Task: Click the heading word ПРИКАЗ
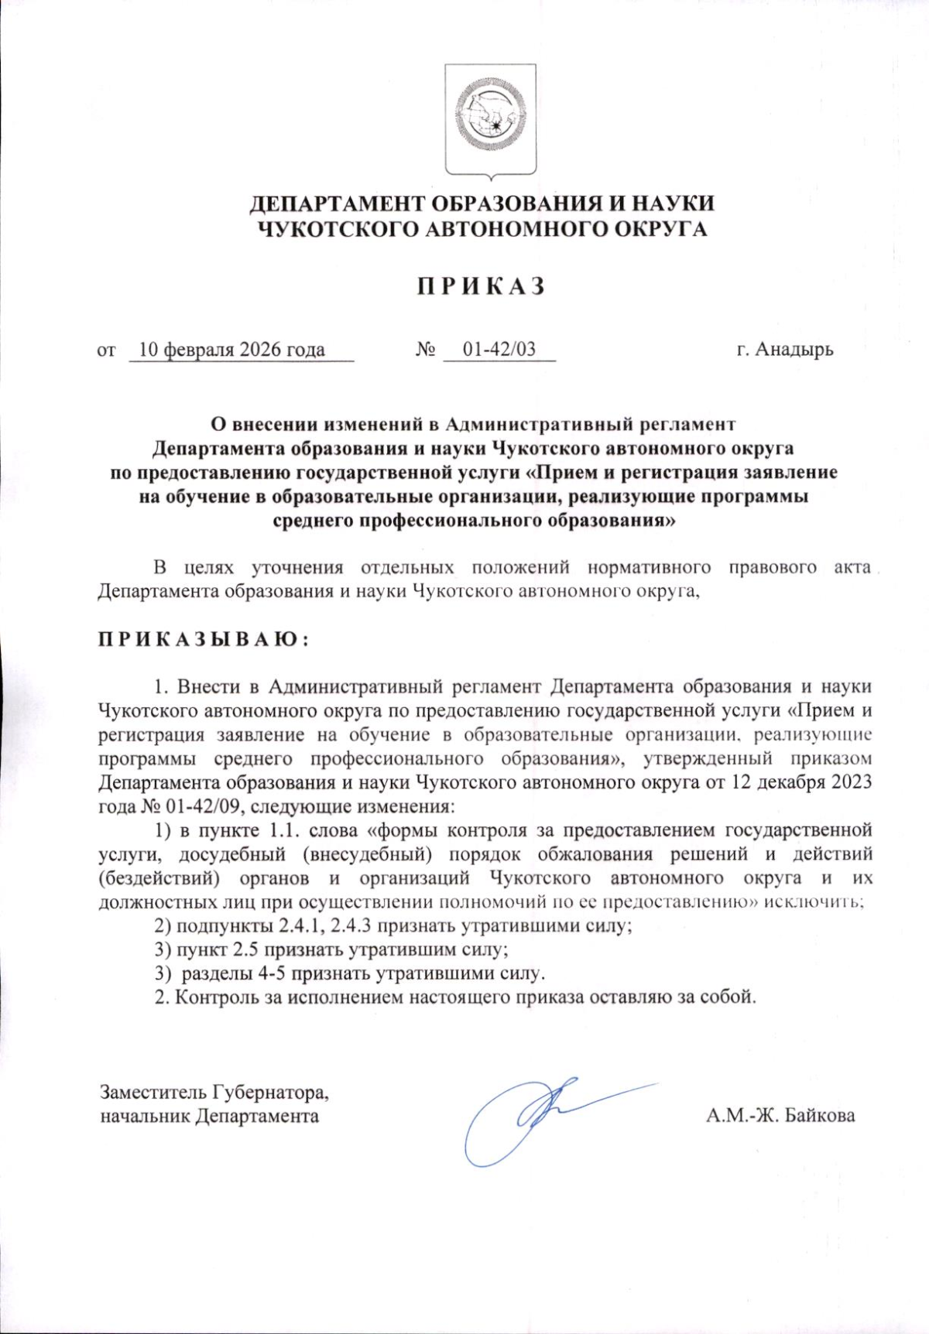(482, 286)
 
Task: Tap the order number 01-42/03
(499, 350)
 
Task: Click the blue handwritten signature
(534, 1114)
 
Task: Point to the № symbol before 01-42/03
(426, 350)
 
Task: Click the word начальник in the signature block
(145, 1116)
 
